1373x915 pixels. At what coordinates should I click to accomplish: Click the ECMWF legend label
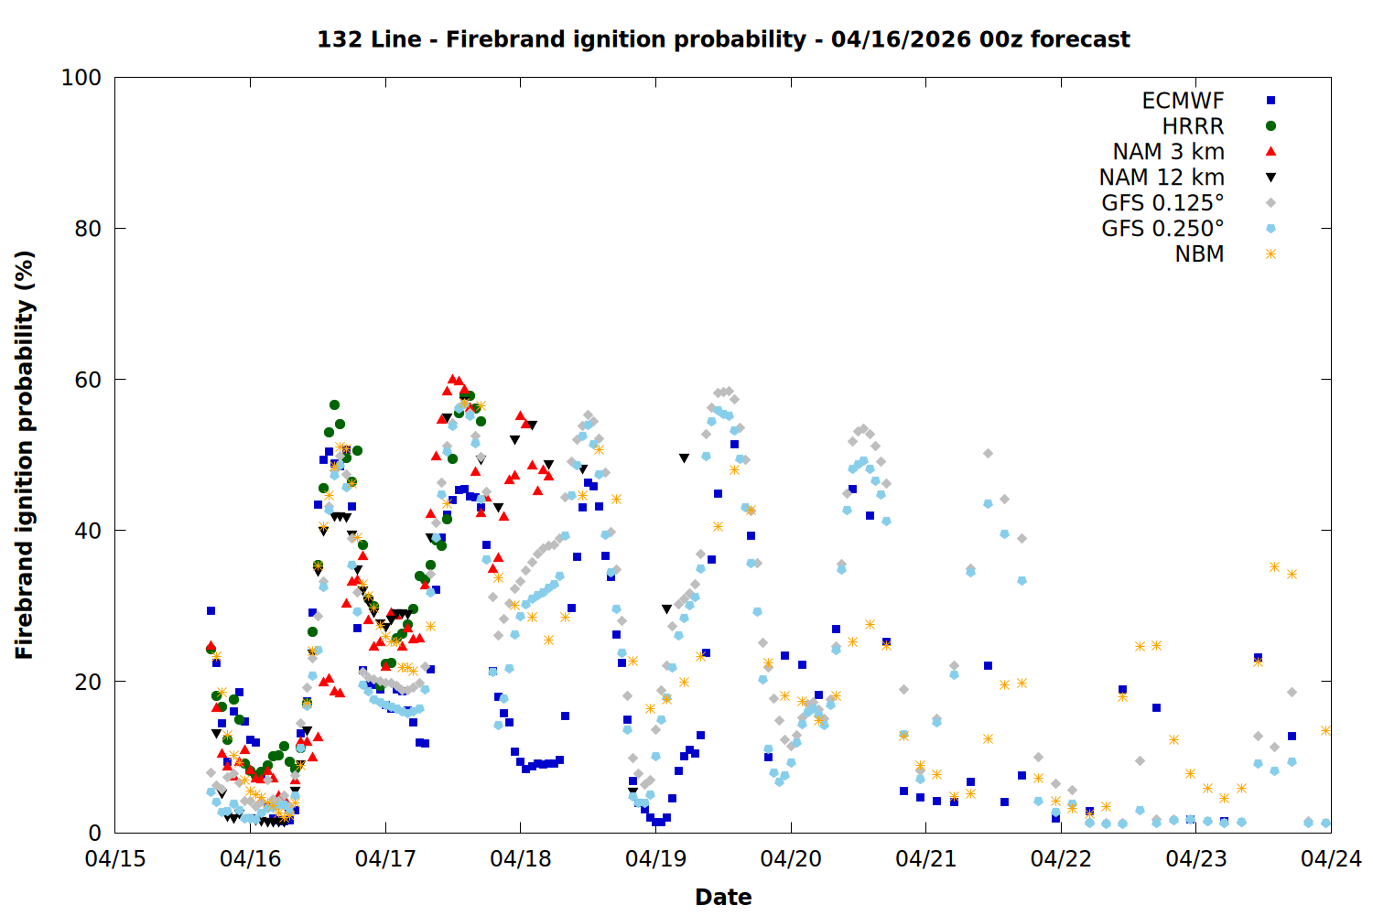(1183, 101)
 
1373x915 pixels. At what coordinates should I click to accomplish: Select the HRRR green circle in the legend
(1270, 126)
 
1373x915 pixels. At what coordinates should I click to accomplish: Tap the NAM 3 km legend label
(1168, 152)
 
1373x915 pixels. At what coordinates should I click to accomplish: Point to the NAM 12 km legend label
(1162, 178)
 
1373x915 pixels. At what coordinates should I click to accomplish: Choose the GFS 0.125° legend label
(1162, 203)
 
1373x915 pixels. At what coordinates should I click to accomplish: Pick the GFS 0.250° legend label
(1162, 229)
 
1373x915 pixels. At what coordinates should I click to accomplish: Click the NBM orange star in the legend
(1270, 254)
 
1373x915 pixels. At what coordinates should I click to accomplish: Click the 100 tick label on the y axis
(81, 78)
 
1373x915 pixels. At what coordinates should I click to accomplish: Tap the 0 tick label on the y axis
(95, 833)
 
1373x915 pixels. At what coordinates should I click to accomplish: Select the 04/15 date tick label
(115, 859)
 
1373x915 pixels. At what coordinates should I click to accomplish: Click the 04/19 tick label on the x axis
(655, 859)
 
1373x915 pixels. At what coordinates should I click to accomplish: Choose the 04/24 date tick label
(1331, 859)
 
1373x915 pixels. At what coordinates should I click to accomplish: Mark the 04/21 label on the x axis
(925, 859)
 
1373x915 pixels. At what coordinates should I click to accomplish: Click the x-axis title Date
(723, 897)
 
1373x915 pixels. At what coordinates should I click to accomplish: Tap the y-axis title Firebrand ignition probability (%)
(25, 455)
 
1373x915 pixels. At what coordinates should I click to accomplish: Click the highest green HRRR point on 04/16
(334, 404)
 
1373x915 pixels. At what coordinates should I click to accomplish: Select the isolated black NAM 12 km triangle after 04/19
(684, 458)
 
